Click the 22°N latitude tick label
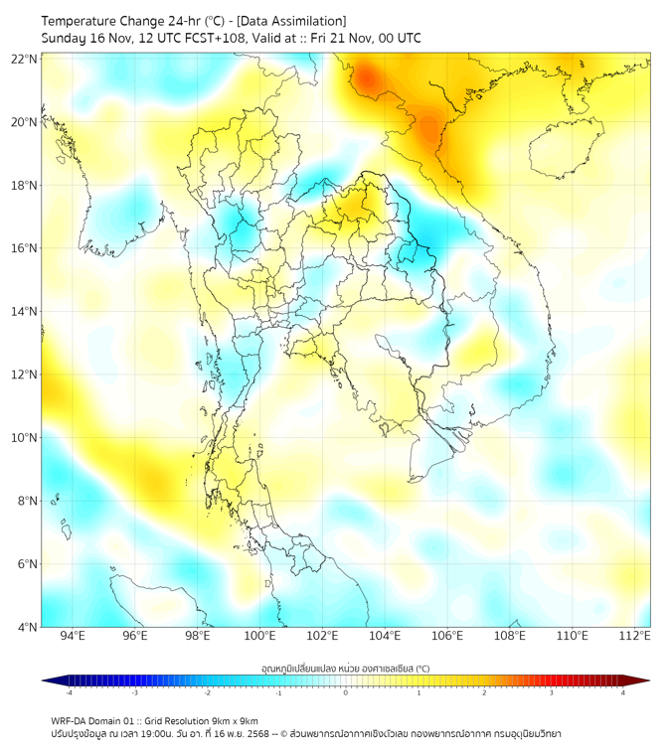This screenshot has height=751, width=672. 25,59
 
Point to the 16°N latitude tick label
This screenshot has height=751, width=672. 25,248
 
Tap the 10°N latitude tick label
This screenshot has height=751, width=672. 25,438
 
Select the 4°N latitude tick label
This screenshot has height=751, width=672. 27,628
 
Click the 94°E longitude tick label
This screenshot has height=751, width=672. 73,636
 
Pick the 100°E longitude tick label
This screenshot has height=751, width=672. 260,636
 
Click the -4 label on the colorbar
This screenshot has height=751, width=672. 69,692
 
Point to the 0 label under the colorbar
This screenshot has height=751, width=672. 346,692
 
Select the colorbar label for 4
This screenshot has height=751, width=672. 622,692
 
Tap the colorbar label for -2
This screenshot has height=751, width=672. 207,692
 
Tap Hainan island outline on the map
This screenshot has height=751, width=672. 563,152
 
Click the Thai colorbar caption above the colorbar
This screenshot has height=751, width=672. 345,669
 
